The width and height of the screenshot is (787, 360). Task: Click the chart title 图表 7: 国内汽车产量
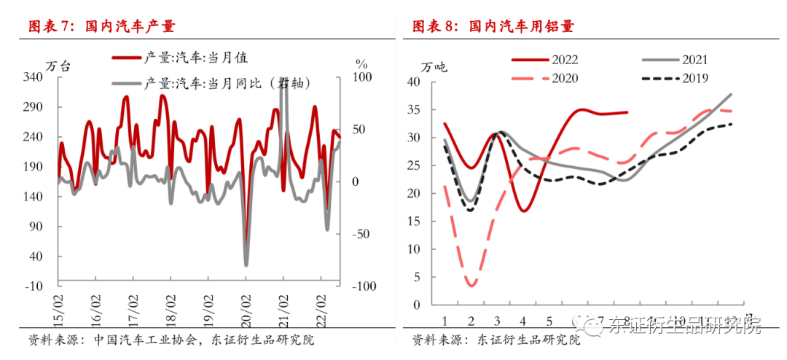point(101,27)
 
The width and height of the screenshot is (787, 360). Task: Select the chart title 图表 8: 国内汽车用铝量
point(493,27)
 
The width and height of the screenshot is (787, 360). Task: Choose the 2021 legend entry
point(676,59)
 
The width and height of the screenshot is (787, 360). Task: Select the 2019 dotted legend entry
point(676,78)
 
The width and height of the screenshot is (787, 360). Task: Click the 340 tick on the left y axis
point(34,77)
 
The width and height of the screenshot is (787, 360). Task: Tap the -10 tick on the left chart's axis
point(34,286)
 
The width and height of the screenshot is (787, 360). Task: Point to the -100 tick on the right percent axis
point(364,286)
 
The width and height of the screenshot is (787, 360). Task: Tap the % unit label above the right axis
point(361,63)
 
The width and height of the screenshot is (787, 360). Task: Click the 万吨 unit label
point(434,67)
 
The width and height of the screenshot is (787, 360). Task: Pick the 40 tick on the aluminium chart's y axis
point(415,82)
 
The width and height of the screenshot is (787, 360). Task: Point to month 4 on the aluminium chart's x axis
point(524,320)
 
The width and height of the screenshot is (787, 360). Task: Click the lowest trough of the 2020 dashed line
point(471,285)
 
